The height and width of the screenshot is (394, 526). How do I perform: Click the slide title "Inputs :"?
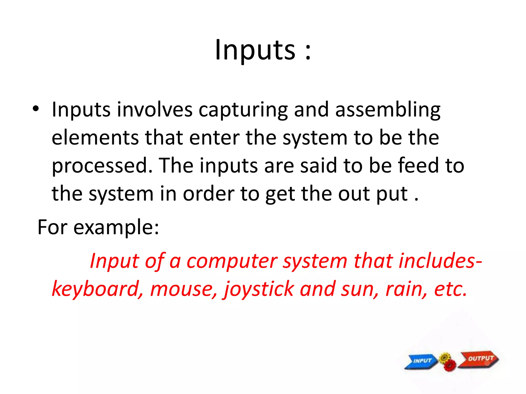click(263, 50)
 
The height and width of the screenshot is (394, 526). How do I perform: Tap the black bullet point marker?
click(36, 109)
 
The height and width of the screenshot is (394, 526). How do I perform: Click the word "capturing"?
click(243, 110)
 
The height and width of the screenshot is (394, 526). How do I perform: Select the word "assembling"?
click(388, 110)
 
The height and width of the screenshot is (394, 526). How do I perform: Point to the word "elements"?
click(95, 138)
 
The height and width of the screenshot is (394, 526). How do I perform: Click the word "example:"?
click(116, 228)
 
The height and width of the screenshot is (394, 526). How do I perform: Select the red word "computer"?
click(232, 261)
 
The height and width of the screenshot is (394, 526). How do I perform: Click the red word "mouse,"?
click(184, 289)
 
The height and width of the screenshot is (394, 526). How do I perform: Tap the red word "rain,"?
click(407, 289)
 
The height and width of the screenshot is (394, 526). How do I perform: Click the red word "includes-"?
click(440, 261)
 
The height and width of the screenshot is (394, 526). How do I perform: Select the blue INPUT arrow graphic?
click(421, 361)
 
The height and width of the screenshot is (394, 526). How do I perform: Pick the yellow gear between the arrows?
click(445, 358)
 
